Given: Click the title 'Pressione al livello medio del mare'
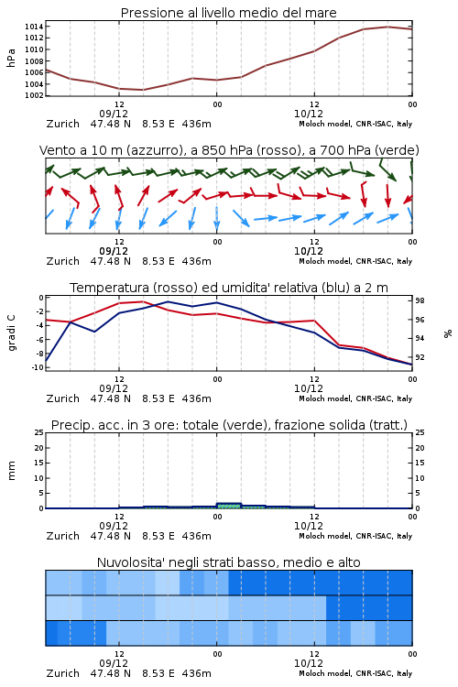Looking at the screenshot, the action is pyautogui.click(x=228, y=13).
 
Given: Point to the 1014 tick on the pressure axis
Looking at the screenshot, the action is pyautogui.click(x=34, y=27).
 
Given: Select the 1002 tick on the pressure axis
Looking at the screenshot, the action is pyautogui.click(x=34, y=95).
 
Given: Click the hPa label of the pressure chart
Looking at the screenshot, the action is pyautogui.click(x=11, y=58).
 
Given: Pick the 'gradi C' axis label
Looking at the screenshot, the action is pyautogui.click(x=11, y=333).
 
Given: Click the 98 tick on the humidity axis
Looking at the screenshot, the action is pyautogui.click(x=420, y=300).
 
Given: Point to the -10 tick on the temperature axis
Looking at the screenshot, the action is pyautogui.click(x=38, y=367).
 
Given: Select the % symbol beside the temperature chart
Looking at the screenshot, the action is pyautogui.click(x=448, y=333).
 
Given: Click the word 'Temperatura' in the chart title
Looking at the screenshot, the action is pyautogui.click(x=110, y=288).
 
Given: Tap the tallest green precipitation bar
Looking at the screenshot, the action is pyautogui.click(x=229, y=506).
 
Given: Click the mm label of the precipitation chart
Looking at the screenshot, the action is pyautogui.click(x=11, y=471).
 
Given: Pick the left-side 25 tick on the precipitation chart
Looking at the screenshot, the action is pyautogui.click(x=39, y=432).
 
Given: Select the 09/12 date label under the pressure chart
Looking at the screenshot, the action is pyautogui.click(x=114, y=114).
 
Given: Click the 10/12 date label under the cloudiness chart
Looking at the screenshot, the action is pyautogui.click(x=309, y=663).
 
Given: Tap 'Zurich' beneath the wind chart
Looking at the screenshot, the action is pyautogui.click(x=62, y=261).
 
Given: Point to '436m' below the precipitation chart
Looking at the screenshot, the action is pyautogui.click(x=196, y=536).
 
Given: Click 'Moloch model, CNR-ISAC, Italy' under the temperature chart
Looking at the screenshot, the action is pyautogui.click(x=355, y=398).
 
